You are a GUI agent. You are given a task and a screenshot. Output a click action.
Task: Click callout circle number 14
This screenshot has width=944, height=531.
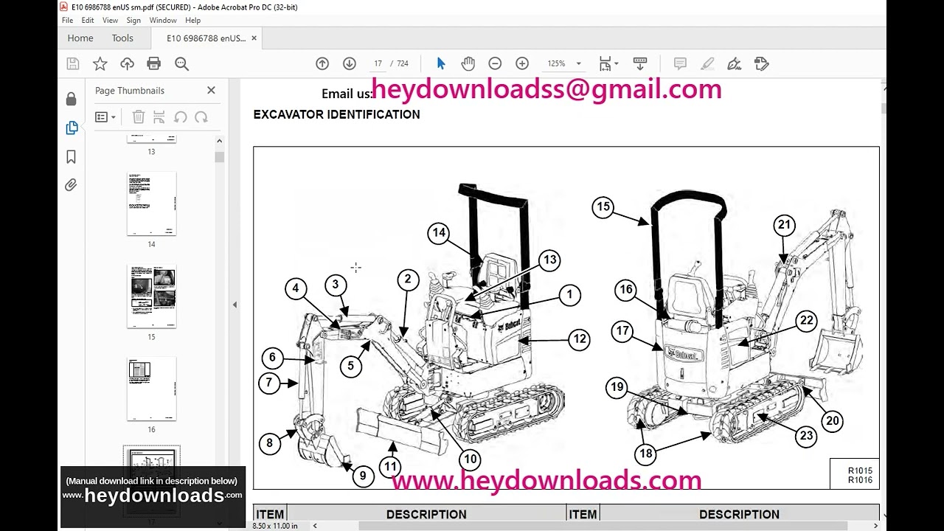coord(439,233)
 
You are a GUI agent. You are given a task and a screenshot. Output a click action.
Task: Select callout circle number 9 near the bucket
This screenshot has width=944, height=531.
coord(362,476)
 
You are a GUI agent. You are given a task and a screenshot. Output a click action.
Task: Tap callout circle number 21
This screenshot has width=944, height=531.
coord(784,225)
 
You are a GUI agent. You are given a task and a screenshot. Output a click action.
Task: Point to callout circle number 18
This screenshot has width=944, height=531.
coord(646,454)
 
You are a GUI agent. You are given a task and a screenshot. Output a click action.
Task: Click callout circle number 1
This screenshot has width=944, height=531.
coord(569,295)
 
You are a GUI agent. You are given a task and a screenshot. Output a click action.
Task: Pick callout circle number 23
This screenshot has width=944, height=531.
coord(806,435)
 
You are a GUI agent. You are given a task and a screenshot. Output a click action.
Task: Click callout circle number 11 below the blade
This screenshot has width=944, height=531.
coord(390,466)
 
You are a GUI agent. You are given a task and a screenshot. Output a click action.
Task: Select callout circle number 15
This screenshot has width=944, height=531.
coord(603,206)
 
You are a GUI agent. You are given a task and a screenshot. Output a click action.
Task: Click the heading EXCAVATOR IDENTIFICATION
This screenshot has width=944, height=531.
coord(336,114)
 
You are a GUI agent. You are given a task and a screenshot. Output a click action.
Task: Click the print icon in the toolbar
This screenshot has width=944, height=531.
coord(154,64)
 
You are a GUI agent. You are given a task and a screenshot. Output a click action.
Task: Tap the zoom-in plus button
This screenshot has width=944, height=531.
coord(522,64)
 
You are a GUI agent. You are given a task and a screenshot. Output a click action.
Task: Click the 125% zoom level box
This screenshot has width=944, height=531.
coord(557,64)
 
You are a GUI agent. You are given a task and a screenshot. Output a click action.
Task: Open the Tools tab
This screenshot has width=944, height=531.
coord(122,38)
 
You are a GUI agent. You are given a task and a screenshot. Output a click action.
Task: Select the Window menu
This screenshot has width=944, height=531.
coord(163,21)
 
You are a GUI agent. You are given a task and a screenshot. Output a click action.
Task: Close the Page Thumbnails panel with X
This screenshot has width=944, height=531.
coord(211,90)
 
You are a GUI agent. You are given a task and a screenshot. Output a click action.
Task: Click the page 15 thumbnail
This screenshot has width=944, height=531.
coord(151,296)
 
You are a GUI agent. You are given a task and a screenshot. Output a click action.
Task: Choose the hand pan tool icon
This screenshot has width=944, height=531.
coord(468,64)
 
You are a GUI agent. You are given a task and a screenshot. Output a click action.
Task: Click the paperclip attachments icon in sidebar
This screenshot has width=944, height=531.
coord(71,185)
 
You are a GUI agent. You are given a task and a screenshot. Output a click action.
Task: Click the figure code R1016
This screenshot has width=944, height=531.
coord(859,480)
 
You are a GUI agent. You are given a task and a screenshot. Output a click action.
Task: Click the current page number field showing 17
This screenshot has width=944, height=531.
coord(378,64)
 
